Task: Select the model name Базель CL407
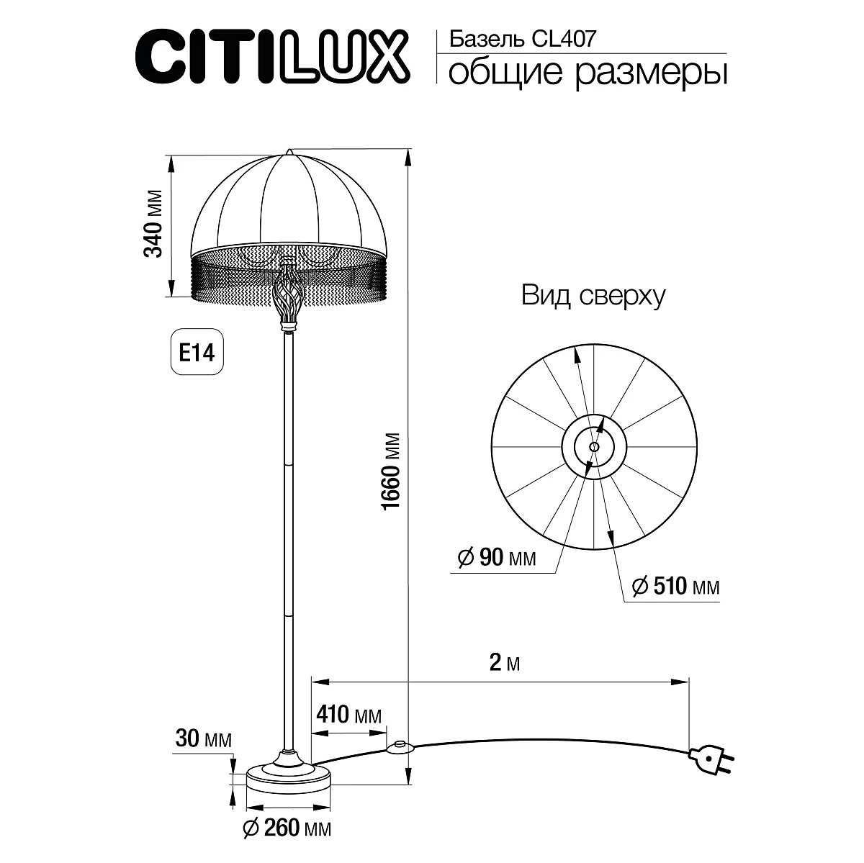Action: pyautogui.click(x=522, y=39)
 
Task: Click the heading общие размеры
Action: pyautogui.click(x=587, y=72)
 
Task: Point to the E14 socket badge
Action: pyautogui.click(x=197, y=352)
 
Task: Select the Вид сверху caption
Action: pyautogui.click(x=593, y=296)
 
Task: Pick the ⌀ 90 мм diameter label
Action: pyautogui.click(x=497, y=557)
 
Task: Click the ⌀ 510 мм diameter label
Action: pyautogui.click(x=675, y=587)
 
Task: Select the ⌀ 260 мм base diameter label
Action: pyautogui.click(x=287, y=829)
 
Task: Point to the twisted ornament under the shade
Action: pyautogui.click(x=288, y=296)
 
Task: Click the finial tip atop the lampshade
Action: pyautogui.click(x=289, y=152)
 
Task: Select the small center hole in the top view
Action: pyautogui.click(x=593, y=447)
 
